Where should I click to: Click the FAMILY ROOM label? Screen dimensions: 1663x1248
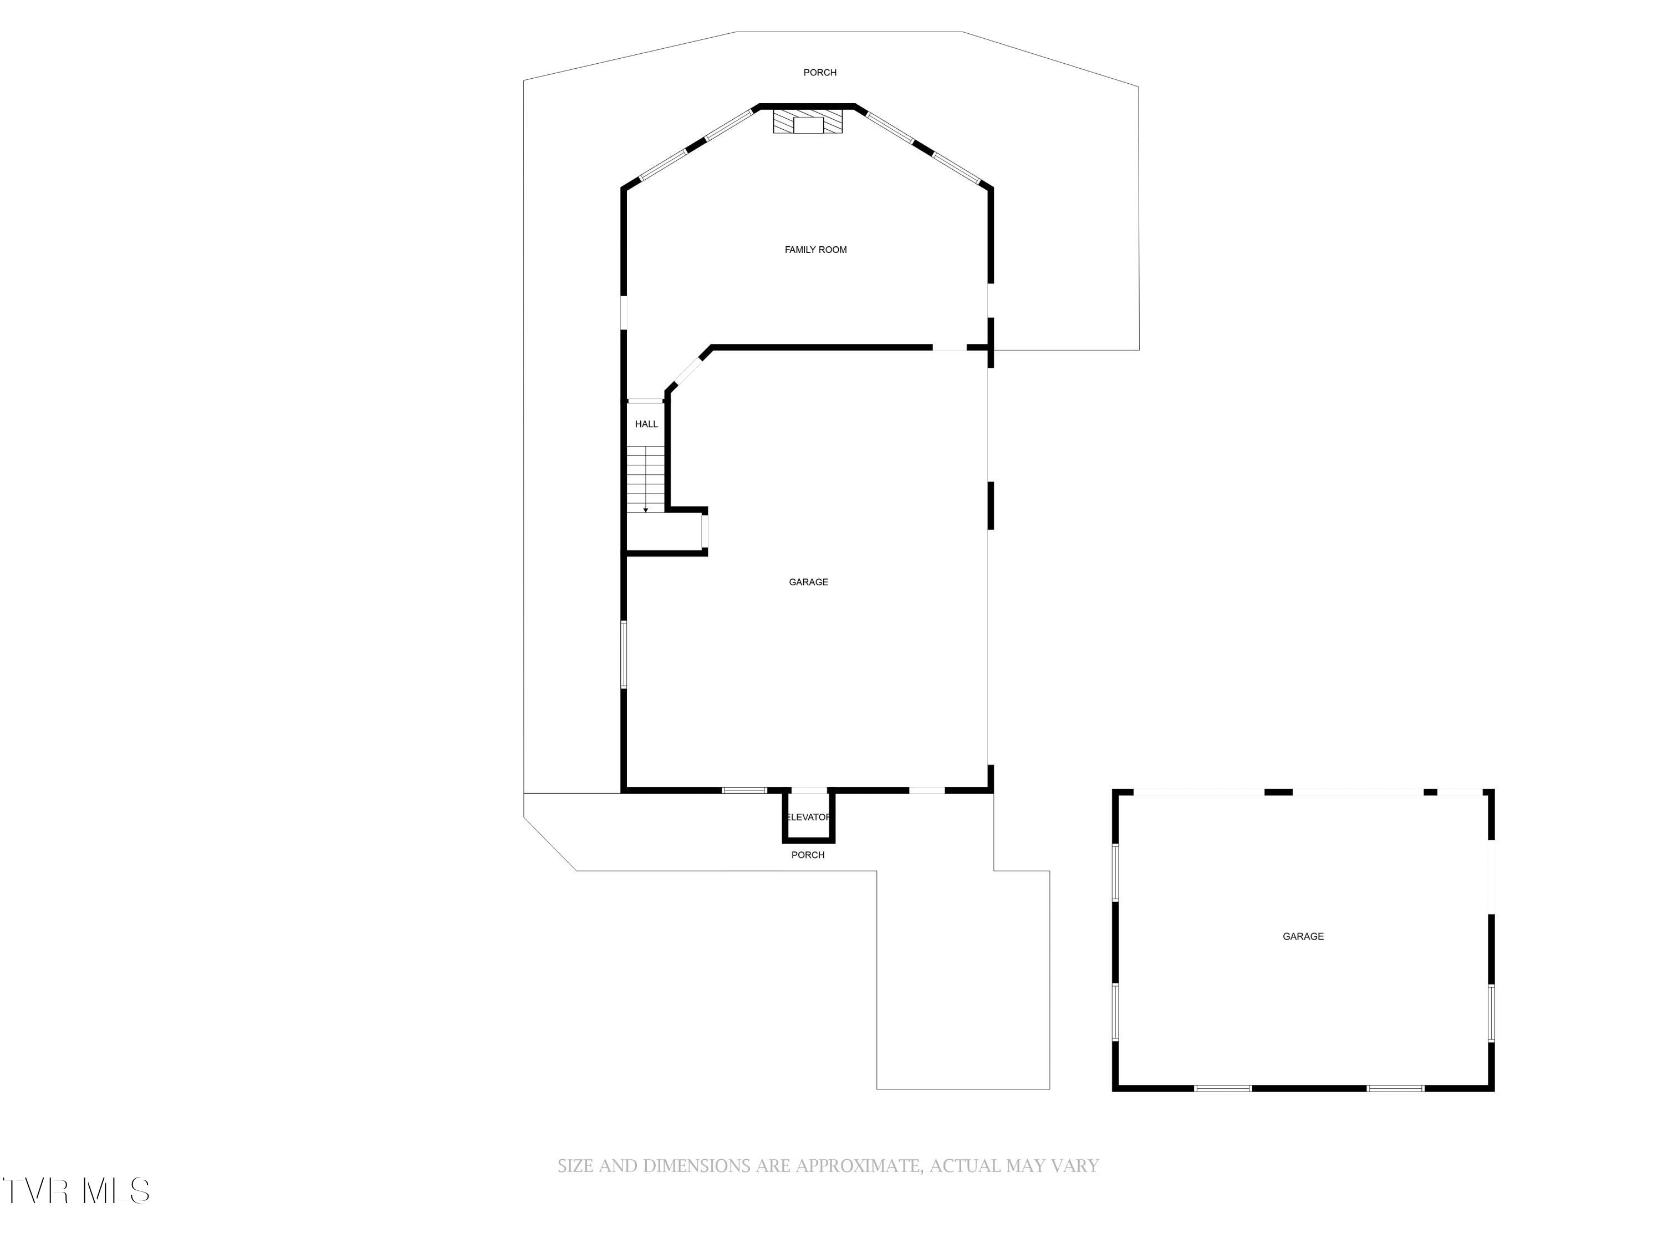pyautogui.click(x=816, y=250)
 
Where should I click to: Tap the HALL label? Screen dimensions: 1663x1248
pyautogui.click(x=646, y=424)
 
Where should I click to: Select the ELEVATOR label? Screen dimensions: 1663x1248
pyautogui.click(x=808, y=817)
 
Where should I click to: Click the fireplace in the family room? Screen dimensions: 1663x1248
pyautogui.click(x=808, y=122)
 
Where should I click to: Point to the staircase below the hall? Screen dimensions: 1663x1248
pyautogui.click(x=646, y=479)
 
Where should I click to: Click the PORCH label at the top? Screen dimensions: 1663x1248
pyautogui.click(x=820, y=72)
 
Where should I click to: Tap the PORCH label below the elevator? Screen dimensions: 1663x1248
pyautogui.click(x=808, y=855)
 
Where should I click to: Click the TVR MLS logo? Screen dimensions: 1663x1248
pyautogui.click(x=75, y=1191)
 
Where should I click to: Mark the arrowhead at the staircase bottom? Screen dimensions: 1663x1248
pyautogui.click(x=646, y=511)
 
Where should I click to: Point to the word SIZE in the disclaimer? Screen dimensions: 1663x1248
pyautogui.click(x=575, y=1165)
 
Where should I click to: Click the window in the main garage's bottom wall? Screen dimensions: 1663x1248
pyautogui.click(x=744, y=790)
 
